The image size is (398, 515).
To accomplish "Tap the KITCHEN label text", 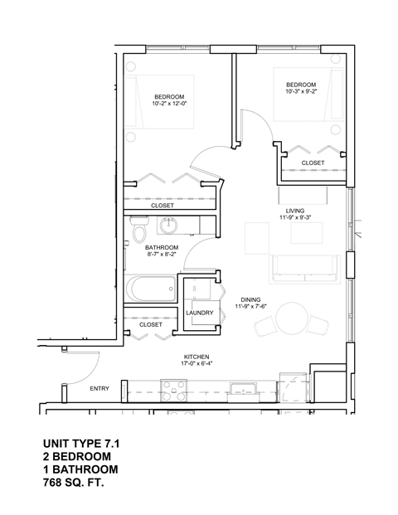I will tap(194, 354).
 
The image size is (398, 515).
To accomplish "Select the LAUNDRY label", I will tap(200, 313).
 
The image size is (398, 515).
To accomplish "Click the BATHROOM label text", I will tap(162, 247).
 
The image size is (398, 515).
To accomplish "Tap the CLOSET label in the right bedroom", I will tap(313, 163).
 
